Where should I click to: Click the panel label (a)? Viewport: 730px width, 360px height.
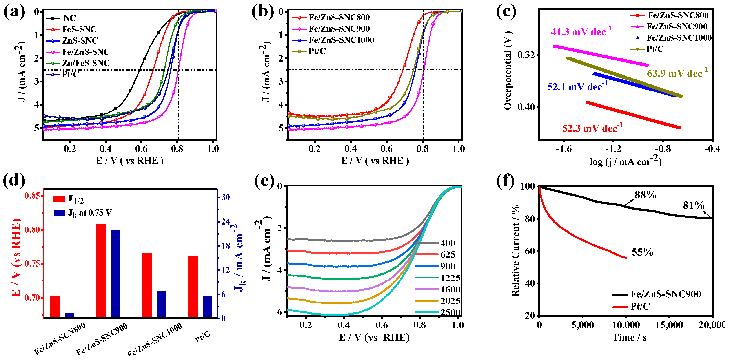(x=14, y=12)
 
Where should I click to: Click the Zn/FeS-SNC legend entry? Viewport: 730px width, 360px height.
(x=86, y=63)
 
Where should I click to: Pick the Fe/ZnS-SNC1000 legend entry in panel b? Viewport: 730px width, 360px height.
(x=341, y=40)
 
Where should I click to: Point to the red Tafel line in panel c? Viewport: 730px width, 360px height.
(x=633, y=115)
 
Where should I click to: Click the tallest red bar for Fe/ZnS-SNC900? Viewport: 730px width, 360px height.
(x=101, y=271)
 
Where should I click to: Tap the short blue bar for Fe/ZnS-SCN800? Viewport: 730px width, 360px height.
(x=69, y=315)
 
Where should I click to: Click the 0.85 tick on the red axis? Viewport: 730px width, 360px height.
(x=34, y=196)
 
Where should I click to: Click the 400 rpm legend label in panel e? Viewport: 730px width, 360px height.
(x=448, y=243)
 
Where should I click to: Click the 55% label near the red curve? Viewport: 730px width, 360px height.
(x=642, y=252)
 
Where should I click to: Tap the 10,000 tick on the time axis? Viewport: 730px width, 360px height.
(x=626, y=325)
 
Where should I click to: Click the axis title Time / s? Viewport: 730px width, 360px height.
(x=629, y=338)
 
